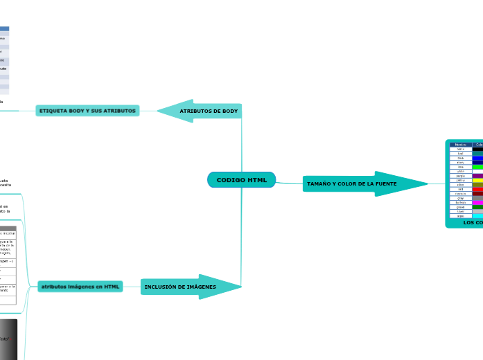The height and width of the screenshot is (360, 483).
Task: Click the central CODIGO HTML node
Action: pos(241,180)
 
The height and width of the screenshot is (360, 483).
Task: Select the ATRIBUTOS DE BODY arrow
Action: pos(201,111)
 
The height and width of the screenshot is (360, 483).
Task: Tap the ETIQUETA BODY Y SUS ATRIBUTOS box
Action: pos(87,111)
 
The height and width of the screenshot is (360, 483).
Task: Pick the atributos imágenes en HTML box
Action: pos(80,287)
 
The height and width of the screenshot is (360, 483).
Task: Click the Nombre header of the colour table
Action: pos(461,144)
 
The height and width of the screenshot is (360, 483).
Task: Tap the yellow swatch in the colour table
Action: pos(478,180)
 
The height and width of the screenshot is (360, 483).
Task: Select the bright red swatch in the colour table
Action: pos(478,189)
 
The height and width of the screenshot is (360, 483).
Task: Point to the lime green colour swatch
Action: pos(478,167)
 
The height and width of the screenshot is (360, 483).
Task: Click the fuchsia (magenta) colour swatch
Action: pos(478,202)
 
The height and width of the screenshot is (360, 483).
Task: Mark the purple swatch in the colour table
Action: pos(478,176)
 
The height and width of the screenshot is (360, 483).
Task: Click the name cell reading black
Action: pos(461,149)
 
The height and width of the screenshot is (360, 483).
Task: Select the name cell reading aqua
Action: pos(461,216)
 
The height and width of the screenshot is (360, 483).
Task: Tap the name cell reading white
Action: pos(461,171)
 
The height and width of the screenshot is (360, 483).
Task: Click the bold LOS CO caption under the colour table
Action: pos(473,222)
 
